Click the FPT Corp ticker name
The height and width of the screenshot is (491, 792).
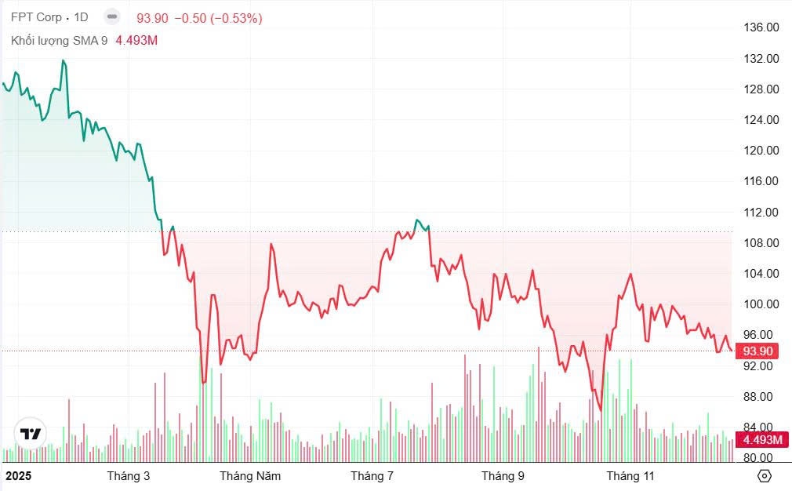36,18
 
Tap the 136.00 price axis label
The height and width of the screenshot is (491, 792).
761,27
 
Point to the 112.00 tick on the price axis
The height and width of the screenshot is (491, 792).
761,212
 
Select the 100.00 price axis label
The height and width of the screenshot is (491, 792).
761,304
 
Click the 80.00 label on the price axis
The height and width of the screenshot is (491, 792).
761,457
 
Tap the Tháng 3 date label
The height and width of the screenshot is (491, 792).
129,475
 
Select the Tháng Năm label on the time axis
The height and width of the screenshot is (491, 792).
250,475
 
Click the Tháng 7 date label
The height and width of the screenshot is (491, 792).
372,475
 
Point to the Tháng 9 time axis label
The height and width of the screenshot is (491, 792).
503,475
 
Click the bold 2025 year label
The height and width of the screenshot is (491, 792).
20,475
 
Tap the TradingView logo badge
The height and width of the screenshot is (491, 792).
31,434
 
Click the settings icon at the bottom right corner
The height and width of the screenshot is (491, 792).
765,475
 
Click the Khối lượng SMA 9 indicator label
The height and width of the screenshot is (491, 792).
60,40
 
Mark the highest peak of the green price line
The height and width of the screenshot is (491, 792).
64,60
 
